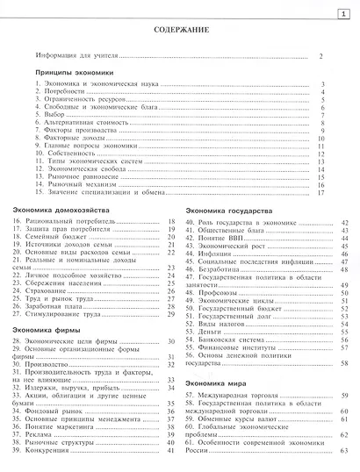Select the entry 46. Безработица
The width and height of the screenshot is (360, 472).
[220, 271]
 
